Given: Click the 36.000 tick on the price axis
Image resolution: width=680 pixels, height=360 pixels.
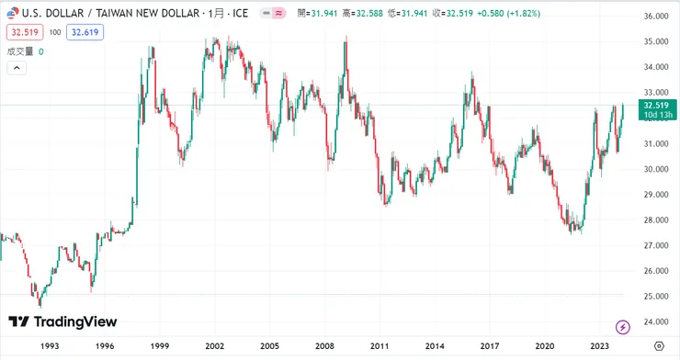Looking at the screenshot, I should coord(654,17).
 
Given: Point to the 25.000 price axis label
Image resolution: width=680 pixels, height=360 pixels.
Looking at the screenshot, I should coord(654,296).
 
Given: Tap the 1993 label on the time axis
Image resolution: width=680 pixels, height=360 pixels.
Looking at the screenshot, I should coord(50,345).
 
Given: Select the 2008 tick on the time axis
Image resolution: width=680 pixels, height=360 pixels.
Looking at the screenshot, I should coord(323,345).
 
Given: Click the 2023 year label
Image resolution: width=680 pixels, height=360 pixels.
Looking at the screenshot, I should coord(599,345).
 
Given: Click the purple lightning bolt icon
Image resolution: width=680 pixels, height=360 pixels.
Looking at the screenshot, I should coord(622,326).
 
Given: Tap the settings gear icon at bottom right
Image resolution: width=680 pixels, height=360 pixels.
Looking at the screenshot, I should coord(659,345).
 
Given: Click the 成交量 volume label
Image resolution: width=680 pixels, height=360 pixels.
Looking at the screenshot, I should coord(20,51).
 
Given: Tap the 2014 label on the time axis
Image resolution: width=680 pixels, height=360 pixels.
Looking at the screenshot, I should coord(434,345).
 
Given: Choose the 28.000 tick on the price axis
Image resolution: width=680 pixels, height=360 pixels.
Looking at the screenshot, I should coord(654,219).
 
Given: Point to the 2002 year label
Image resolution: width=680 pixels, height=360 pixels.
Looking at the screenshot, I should coord(214,345).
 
